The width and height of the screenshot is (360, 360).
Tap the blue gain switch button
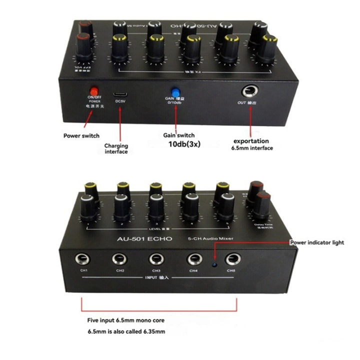(175, 92)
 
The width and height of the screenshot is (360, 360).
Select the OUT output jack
(248, 91)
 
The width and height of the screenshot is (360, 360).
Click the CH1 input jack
(83, 259)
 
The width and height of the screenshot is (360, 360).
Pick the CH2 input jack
(120, 259)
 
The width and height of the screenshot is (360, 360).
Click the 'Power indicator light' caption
(317, 242)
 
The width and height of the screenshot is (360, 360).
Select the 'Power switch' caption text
(81, 135)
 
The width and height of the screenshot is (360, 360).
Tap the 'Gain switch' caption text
(178, 135)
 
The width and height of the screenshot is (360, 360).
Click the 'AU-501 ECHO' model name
(144, 239)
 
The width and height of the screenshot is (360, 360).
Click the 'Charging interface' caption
(116, 148)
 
